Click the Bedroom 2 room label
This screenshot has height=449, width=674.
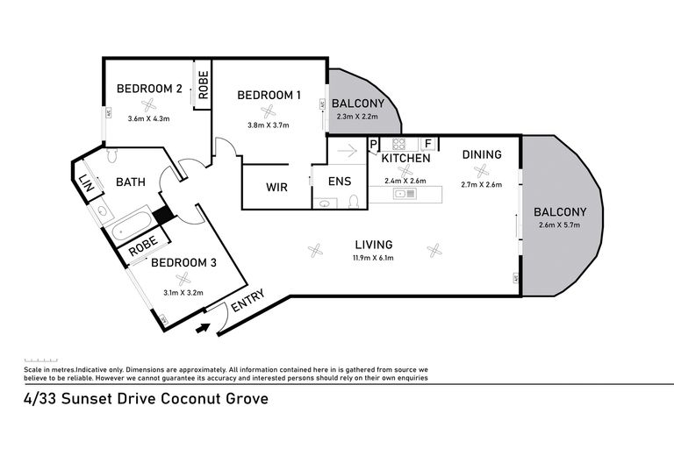click(149, 89)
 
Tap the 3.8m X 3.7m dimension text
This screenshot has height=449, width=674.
click(269, 125)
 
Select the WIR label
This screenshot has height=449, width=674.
click(276, 188)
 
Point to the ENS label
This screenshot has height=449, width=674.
click(340, 182)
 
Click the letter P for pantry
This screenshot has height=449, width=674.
click(373, 144)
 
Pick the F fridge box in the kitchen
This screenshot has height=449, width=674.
click(428, 144)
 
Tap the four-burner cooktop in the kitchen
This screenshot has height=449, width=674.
click(398, 144)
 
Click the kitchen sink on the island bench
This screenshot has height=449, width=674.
click(405, 194)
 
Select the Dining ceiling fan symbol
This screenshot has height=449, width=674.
click(481, 171)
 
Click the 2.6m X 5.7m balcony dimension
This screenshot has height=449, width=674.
click(559, 224)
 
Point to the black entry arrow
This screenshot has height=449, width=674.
click(203, 328)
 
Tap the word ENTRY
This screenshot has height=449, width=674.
click(247, 301)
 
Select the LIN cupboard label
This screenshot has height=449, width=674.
click(87, 182)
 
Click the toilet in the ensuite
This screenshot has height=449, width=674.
click(354, 201)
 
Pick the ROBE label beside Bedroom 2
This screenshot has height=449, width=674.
click(203, 85)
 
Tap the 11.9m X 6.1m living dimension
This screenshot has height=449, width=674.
click(373, 258)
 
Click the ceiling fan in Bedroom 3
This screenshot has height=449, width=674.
click(183, 279)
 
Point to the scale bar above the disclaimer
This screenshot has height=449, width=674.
click(41, 360)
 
